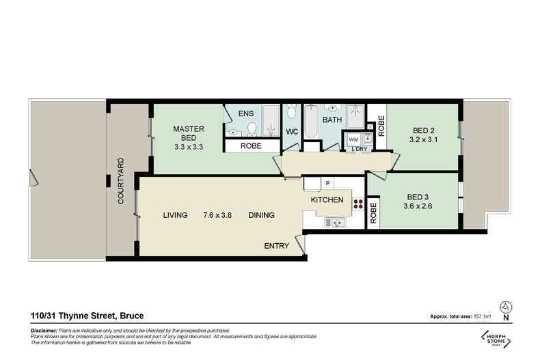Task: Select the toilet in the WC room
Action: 292,112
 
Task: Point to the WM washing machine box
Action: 353,139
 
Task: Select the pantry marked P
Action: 327,183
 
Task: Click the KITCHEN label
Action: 327,200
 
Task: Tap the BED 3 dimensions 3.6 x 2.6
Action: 418,206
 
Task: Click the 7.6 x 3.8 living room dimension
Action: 218,215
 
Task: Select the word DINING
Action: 261,215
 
